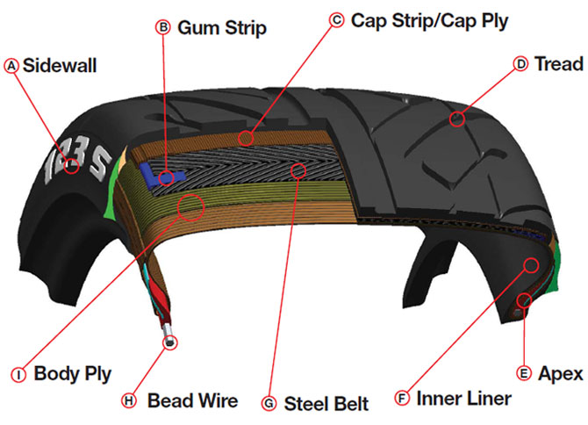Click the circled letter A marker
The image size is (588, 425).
click(11, 66)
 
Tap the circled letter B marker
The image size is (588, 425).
click(162, 27)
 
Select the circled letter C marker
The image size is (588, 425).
click(336, 18)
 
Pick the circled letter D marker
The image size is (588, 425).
click(520, 64)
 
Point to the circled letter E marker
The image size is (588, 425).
click(525, 373)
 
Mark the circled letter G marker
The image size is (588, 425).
click(269, 404)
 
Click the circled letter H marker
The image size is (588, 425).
click(129, 400)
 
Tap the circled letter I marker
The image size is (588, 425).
click(18, 374)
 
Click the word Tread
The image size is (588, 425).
click(558, 64)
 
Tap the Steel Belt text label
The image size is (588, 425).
click(326, 404)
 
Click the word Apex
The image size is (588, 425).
click(561, 373)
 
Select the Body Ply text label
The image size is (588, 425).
click(73, 374)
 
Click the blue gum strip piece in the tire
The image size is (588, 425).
click(169, 176)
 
